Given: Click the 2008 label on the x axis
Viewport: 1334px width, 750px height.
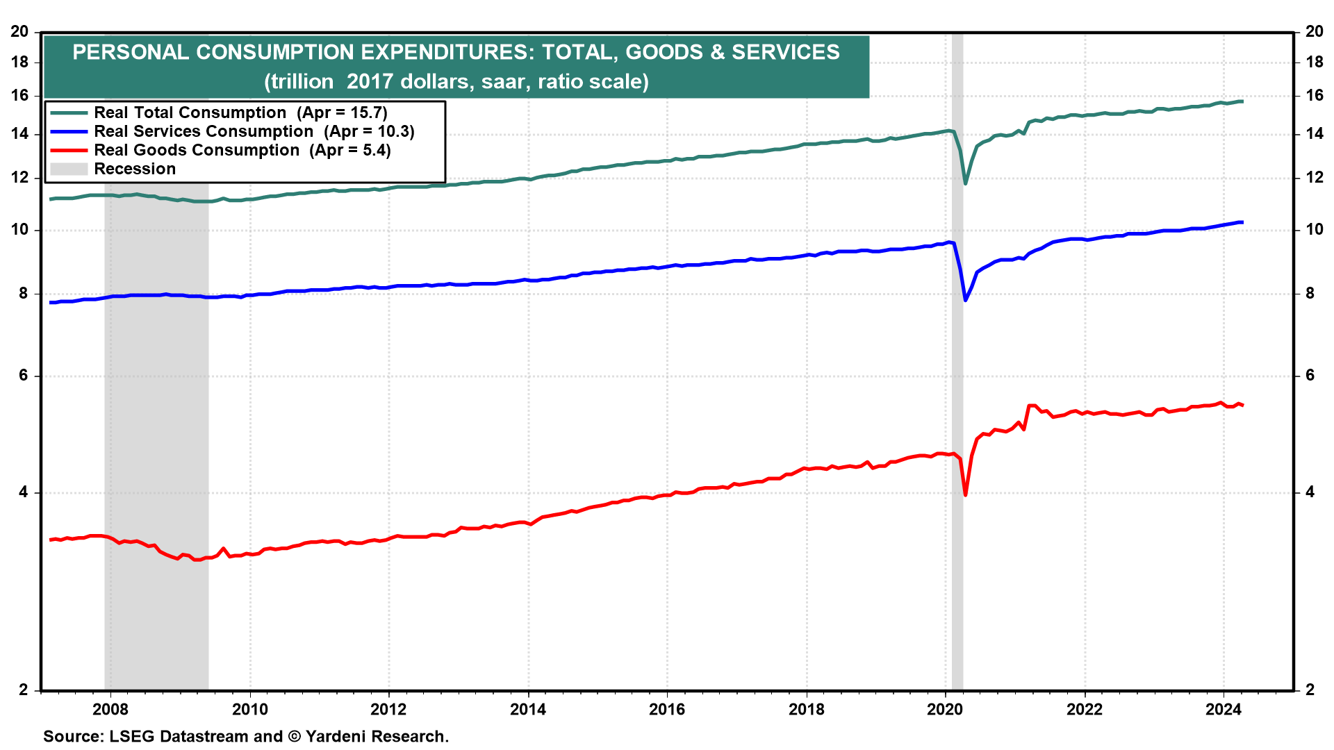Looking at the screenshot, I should (110, 709).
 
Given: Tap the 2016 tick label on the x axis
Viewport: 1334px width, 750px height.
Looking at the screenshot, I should (667, 709).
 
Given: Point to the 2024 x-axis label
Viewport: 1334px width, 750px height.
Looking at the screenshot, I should (1224, 709).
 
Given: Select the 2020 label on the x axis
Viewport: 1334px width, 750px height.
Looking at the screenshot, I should (945, 709).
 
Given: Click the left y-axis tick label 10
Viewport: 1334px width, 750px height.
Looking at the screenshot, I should (19, 230).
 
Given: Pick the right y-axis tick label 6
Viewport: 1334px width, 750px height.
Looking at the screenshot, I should (1310, 376).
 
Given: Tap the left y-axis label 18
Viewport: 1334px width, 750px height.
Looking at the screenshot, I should (19, 62).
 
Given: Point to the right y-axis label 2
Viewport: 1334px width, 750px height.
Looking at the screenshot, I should (1310, 690).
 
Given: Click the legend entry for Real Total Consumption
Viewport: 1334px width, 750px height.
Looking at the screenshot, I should (240, 112).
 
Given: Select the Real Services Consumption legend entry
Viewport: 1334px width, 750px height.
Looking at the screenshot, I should (254, 131).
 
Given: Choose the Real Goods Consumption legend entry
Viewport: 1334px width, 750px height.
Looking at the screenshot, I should (242, 150).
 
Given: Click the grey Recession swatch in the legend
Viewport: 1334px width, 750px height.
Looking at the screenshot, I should (69, 169).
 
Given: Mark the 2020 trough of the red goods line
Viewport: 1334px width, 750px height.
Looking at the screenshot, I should (966, 494).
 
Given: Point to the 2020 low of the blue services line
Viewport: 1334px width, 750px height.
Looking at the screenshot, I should (966, 300).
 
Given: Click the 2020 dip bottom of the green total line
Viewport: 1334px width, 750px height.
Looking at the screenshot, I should (966, 183).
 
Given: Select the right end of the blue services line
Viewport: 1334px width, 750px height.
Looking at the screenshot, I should (1242, 222).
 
